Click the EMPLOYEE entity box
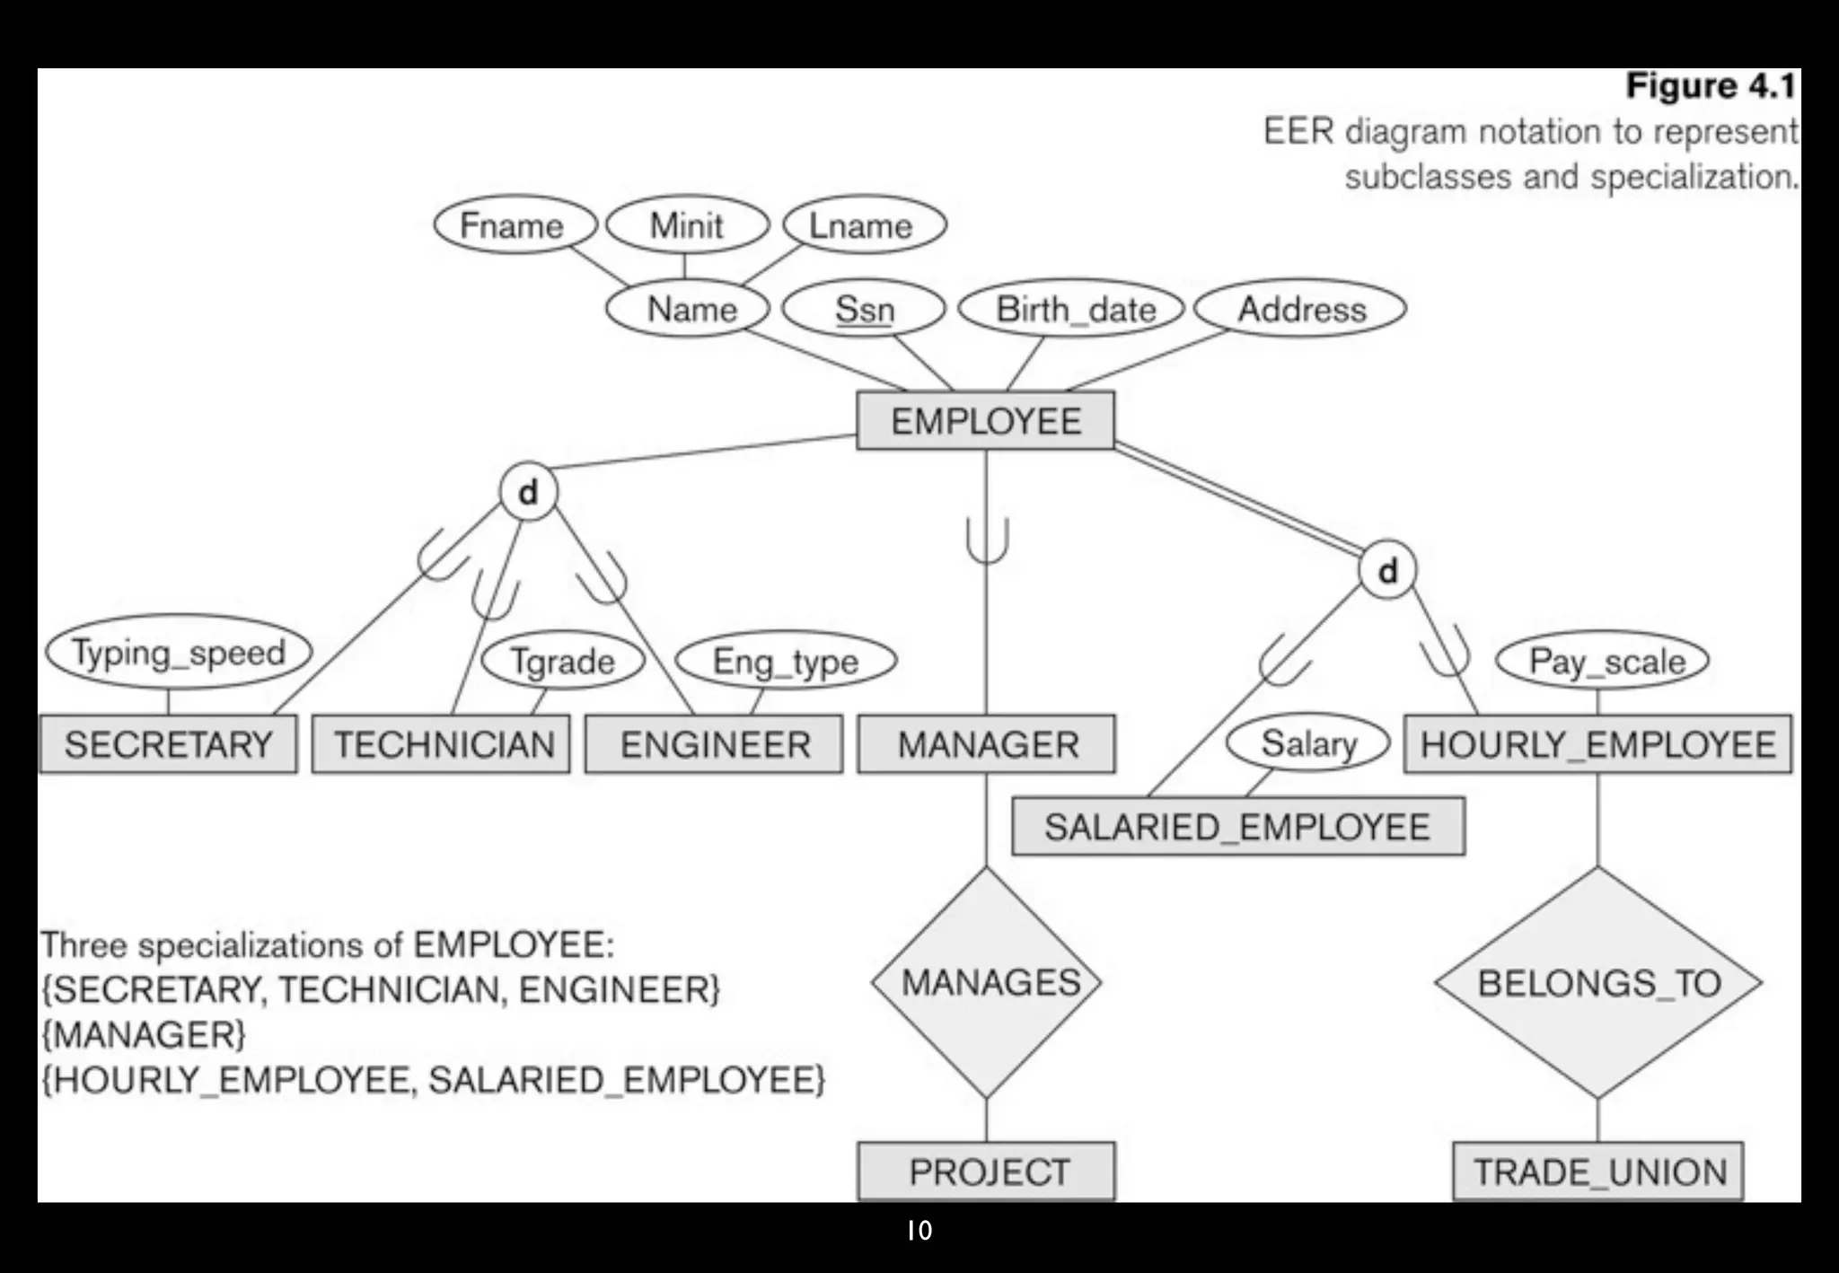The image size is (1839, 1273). coord(985,420)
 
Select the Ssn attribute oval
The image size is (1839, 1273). coord(864,309)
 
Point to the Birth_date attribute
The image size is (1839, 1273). coord(1074,309)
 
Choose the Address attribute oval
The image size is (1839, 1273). coord(1301,309)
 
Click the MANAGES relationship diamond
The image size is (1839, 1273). coord(987,982)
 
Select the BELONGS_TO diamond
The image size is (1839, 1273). coord(1598,982)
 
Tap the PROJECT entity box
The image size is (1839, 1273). coord(987,1172)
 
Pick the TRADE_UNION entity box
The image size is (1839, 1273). coord(1598,1172)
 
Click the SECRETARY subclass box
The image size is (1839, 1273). coord(168,744)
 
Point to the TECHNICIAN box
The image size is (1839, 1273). coord(441,744)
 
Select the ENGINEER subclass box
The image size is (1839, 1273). coord(714,744)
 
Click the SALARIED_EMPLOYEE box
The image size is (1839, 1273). coord(1238,827)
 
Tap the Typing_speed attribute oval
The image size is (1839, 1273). coord(179,653)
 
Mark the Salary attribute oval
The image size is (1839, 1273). coord(1308,743)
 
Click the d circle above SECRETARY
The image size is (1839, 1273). coord(529,492)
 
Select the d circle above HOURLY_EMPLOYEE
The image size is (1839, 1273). coord(1387,570)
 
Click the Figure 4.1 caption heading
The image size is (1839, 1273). coord(1710,86)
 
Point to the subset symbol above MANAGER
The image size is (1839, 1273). coord(987,541)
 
